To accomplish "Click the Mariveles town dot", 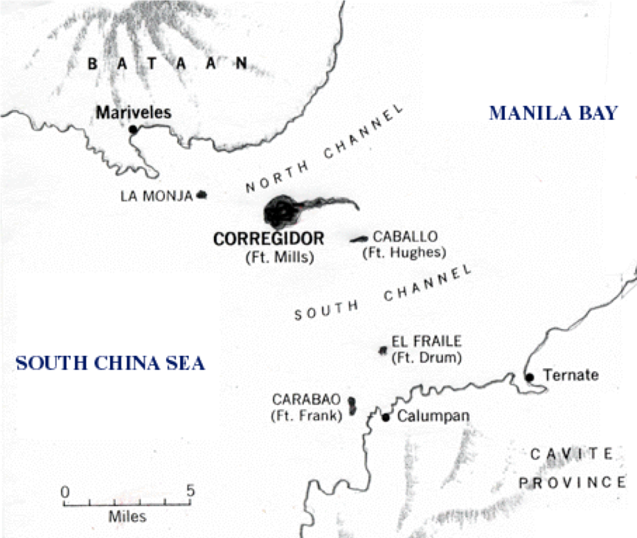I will (x=133, y=129).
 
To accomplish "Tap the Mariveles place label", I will (x=134, y=112).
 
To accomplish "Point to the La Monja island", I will (x=202, y=195).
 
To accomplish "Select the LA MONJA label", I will (x=156, y=196).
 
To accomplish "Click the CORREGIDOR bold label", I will (x=269, y=239).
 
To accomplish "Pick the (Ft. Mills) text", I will (x=279, y=257).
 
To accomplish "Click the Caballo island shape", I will (x=359, y=240).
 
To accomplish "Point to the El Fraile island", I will (x=383, y=350).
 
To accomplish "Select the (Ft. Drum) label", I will (x=426, y=357).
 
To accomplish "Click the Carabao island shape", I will (x=352, y=406).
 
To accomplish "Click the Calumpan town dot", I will (x=386, y=418).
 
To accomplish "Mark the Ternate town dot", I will (x=530, y=377).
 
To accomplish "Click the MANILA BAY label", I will (x=553, y=113).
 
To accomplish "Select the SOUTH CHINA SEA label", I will (x=111, y=363).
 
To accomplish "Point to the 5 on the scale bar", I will (x=190, y=491).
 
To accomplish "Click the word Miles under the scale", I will (x=127, y=517).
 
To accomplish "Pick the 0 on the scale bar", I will (x=64, y=491).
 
